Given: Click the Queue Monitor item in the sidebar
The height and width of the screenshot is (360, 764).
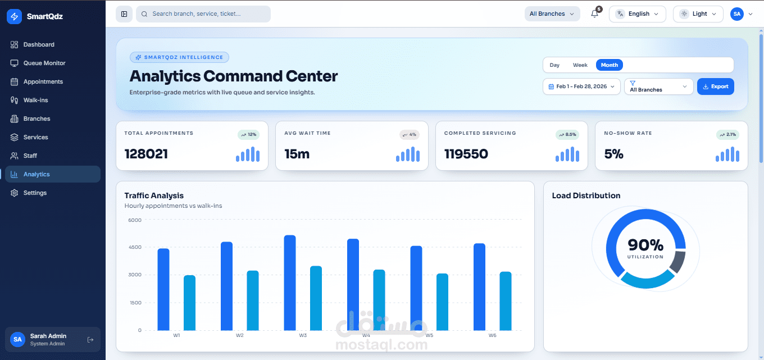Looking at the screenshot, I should point(44,63).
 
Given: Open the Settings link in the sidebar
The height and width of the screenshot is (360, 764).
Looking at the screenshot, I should point(35,193).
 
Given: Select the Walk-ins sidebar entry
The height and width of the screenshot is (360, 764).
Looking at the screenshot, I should point(35,100).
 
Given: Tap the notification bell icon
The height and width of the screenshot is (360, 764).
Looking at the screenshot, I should point(594,14).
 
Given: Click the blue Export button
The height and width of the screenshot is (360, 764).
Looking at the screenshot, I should point(715,86).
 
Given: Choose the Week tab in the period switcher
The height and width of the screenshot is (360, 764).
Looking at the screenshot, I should point(580,65).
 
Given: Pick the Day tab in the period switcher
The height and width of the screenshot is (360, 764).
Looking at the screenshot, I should point(554,65).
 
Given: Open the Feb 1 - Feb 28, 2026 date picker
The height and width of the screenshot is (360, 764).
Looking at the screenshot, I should point(581,86).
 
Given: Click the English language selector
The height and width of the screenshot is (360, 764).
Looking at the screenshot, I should point(637,14).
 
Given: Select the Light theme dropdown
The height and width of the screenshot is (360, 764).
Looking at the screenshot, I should point(698,14).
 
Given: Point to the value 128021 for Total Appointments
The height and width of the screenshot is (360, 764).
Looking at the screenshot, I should point(146,154).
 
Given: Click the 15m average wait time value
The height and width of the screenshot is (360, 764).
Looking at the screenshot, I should point(297,154).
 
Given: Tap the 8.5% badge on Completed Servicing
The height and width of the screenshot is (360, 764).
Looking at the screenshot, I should point(567,135).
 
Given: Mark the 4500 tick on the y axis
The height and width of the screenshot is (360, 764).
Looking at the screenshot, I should point(135,247).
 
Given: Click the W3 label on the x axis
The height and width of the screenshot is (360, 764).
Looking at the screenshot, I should point(303,335).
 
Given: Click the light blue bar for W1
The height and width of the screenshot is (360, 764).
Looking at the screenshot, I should point(189,303).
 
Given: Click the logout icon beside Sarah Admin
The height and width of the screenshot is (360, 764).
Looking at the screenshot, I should point(90,339).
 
